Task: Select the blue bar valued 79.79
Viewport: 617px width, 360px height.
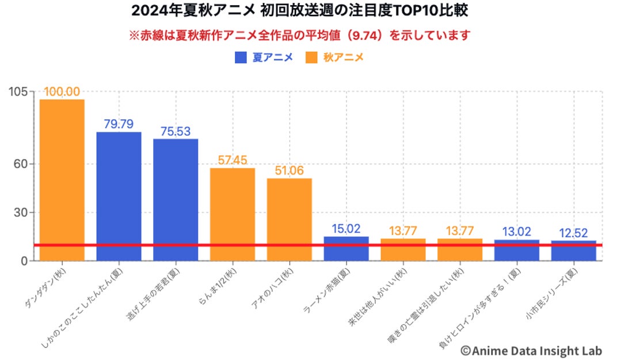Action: click(119, 196)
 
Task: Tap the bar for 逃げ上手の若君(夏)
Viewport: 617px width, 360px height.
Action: click(176, 199)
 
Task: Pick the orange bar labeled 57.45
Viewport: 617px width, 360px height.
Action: click(232, 214)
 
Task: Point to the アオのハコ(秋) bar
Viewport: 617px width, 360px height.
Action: click(289, 219)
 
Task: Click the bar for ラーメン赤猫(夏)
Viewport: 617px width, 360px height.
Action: click(346, 248)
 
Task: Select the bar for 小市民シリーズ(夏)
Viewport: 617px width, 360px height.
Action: click(573, 251)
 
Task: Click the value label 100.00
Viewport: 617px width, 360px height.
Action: click(62, 92)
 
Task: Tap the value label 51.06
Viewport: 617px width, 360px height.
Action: click(289, 171)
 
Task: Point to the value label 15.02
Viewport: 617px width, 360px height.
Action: click(346, 229)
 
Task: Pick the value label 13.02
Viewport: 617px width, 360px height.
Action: click(516, 232)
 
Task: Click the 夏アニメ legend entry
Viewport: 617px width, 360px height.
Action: click(264, 58)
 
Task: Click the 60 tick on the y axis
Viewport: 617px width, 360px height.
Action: click(22, 164)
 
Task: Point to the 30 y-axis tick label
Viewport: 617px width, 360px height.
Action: click(22, 213)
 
